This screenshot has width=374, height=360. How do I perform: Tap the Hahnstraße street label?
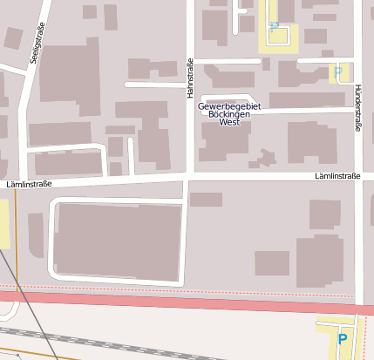click(189, 78)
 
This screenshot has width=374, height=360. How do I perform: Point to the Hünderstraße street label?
click(357, 108)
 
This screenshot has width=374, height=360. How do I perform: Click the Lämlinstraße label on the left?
click(29, 184)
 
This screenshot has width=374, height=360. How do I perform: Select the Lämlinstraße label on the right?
click(337, 176)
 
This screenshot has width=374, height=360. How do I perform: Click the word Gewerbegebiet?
click(230, 106)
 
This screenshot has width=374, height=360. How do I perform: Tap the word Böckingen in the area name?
click(230, 115)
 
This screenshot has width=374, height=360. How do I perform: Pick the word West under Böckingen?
click(230, 123)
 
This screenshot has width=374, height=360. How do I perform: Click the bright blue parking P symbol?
click(342, 340)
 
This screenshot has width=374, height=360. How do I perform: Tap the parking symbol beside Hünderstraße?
click(337, 72)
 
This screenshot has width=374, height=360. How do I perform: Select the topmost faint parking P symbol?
click(274, 27)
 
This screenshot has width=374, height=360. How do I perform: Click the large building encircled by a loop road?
click(117, 241)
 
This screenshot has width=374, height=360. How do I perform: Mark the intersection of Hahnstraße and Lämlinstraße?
click(189, 177)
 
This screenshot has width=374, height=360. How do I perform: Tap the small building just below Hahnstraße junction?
click(206, 200)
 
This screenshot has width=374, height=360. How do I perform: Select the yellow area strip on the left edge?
click(4, 222)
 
